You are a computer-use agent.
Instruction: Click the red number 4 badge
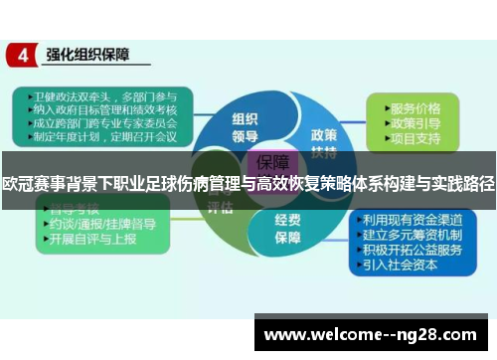click(x=21, y=55)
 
